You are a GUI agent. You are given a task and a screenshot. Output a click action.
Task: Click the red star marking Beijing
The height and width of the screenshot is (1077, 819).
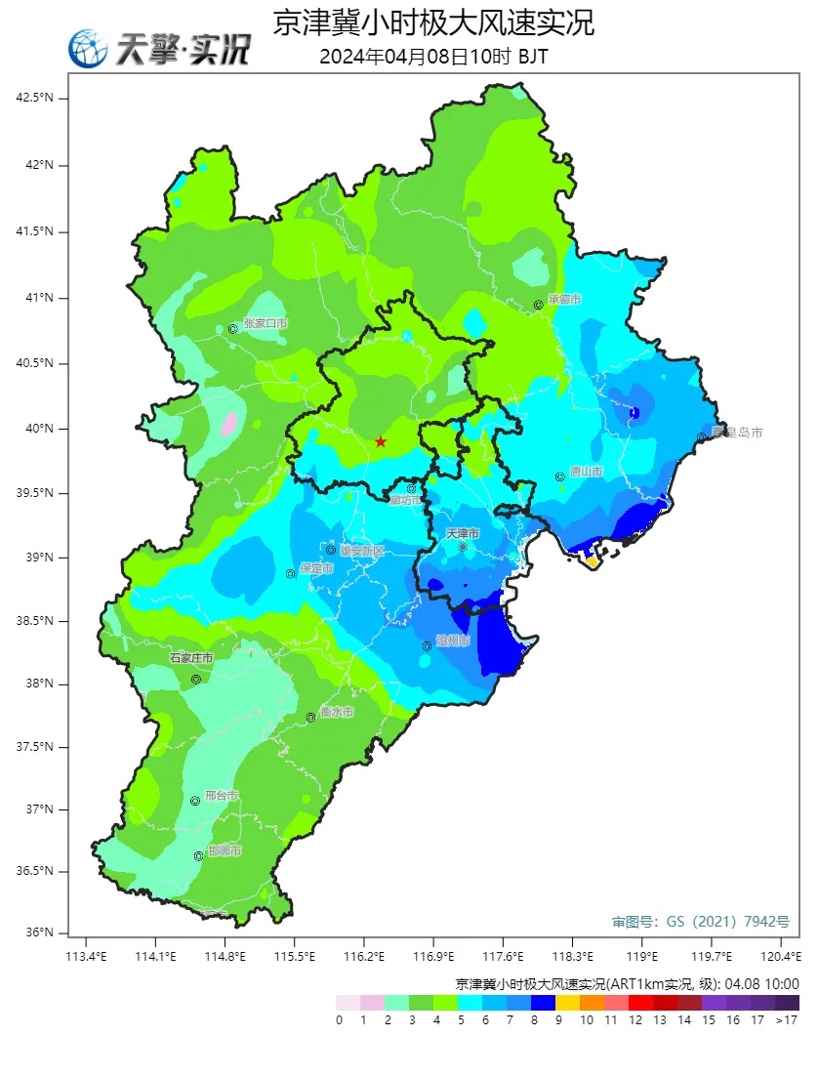click(381, 442)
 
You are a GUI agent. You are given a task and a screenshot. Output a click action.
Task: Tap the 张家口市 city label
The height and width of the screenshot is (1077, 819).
click(266, 323)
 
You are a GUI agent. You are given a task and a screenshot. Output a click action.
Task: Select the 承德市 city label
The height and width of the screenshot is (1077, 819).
click(564, 300)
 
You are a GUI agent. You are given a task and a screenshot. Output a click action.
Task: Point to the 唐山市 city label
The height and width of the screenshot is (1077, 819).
click(586, 472)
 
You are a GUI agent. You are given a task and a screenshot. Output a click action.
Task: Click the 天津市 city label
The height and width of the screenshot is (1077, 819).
click(463, 534)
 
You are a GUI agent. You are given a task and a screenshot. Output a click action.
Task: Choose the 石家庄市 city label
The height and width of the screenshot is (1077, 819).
click(191, 658)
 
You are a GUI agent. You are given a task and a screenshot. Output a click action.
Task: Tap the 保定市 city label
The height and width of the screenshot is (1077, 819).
click(316, 568)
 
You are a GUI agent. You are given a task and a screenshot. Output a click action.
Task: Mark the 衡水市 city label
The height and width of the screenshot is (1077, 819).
click(336, 713)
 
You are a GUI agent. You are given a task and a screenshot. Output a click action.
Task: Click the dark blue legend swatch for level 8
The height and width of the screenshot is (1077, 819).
click(543, 1003)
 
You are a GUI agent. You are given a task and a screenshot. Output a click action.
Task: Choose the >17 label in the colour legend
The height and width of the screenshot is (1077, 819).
click(787, 1020)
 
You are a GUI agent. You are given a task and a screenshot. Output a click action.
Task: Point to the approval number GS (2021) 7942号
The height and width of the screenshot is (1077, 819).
click(700, 921)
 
